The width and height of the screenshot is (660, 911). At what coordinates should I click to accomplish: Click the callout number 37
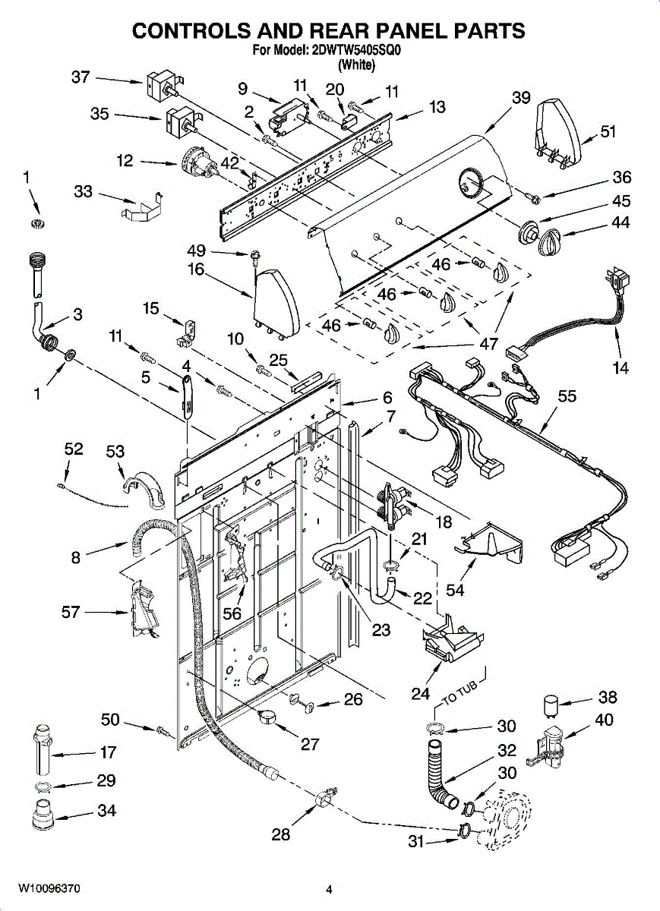tap(81, 77)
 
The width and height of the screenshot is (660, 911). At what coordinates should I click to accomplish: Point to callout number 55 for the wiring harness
tap(567, 396)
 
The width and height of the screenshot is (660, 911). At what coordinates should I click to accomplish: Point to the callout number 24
tap(421, 692)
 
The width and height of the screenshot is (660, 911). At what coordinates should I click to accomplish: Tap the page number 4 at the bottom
tap(330, 890)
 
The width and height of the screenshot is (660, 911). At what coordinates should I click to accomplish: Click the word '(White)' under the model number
tap(356, 65)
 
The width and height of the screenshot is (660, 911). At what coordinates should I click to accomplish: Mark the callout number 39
tap(520, 98)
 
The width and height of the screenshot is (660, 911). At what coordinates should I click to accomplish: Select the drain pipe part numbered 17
tap(41, 748)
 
